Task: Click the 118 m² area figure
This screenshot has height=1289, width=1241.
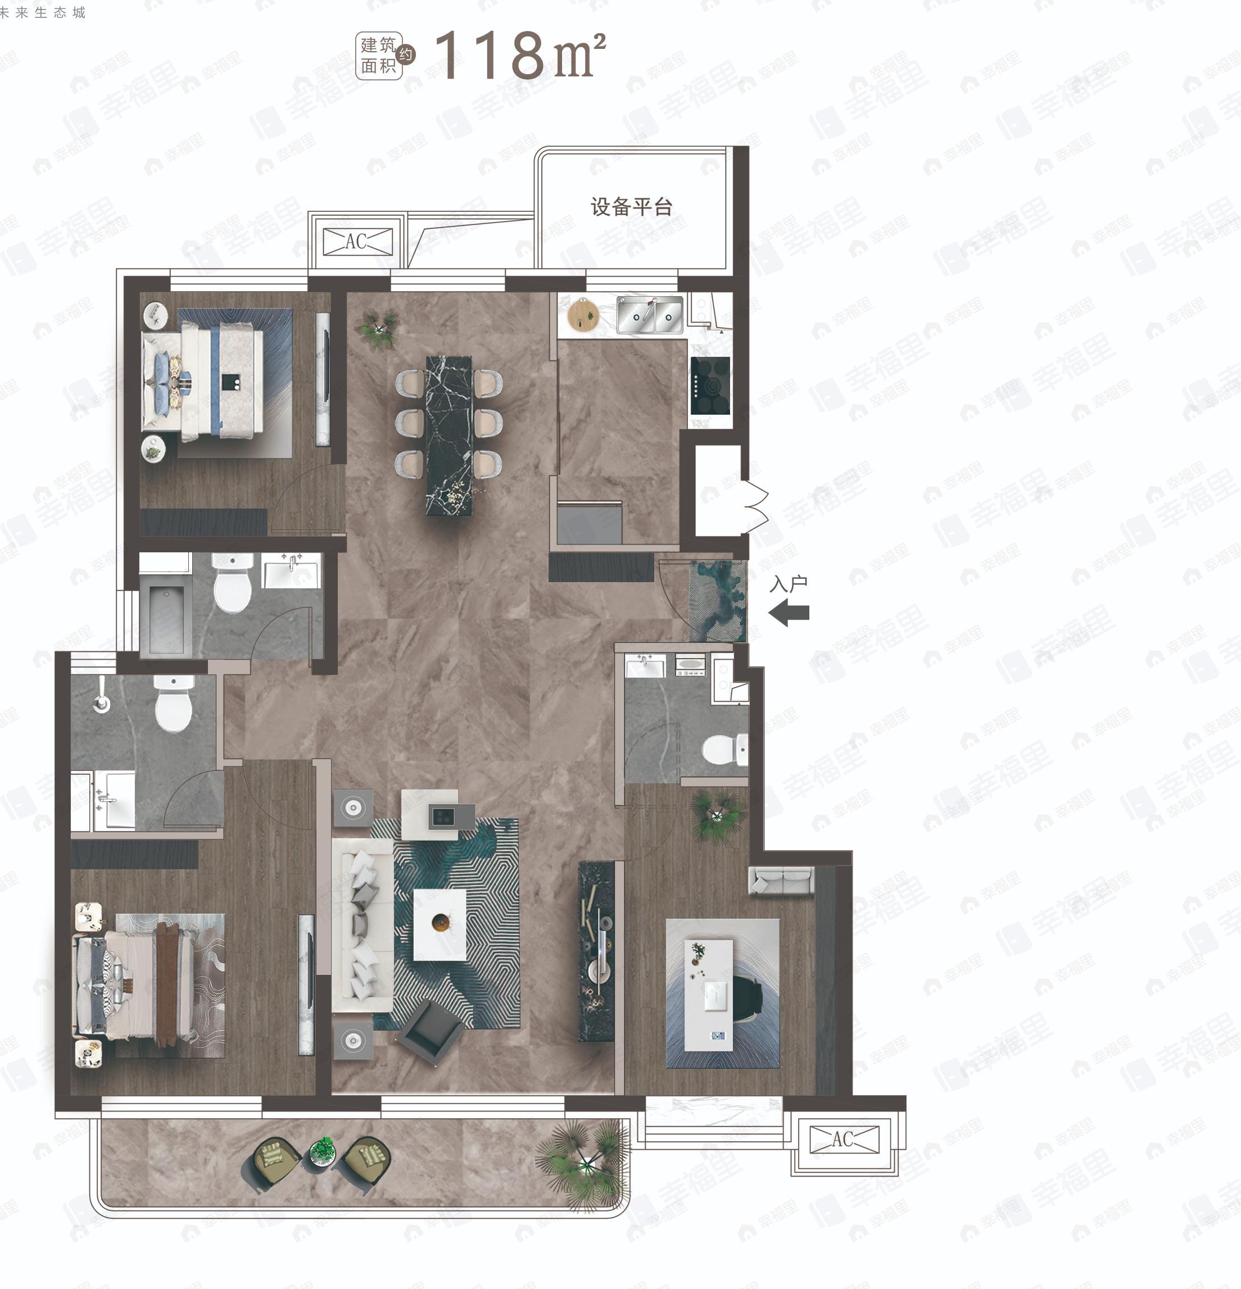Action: [x=519, y=55]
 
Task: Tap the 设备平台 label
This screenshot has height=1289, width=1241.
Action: [x=631, y=207]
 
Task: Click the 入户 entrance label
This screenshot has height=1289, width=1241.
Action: [x=789, y=583]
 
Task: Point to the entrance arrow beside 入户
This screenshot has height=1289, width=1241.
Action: [x=789, y=614]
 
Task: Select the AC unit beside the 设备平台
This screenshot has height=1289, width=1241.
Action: [x=358, y=242]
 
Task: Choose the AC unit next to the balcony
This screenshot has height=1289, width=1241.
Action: [x=844, y=1139]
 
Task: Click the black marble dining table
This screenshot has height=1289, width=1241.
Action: [x=449, y=435]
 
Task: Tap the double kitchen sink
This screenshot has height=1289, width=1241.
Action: [x=649, y=314]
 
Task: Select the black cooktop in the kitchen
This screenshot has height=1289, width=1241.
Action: [x=710, y=385]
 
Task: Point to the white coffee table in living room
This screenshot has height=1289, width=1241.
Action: [x=440, y=924]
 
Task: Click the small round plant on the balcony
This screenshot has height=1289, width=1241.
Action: [x=322, y=1152]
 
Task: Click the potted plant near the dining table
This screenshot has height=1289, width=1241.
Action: [x=377, y=327]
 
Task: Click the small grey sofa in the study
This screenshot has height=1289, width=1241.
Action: [x=781, y=880]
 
